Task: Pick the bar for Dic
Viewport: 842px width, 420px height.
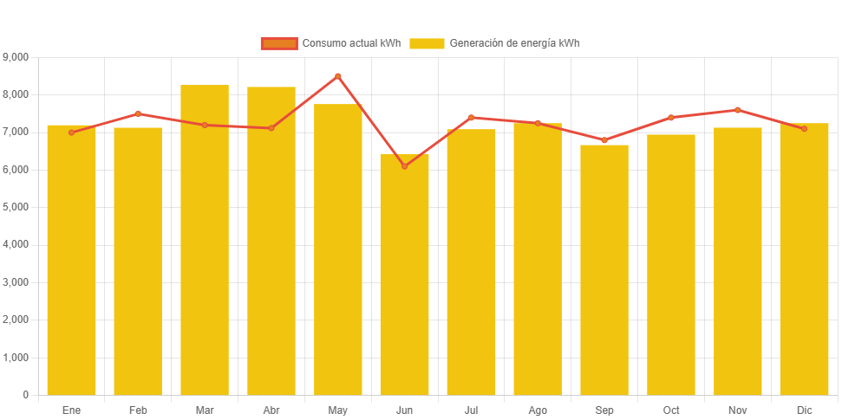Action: [x=804, y=259]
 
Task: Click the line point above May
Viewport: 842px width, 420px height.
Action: [x=338, y=76]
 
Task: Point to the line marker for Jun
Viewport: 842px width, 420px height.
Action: [x=404, y=166]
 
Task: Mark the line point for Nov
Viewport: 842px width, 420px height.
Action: [x=738, y=110]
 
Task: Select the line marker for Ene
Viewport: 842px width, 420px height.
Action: [x=71, y=132]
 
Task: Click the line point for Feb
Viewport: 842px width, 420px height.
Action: [x=138, y=113]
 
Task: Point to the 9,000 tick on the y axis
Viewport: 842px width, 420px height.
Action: [x=16, y=57]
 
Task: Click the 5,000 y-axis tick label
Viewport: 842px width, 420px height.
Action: [x=16, y=207]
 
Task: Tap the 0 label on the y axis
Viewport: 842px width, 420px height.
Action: [x=26, y=395]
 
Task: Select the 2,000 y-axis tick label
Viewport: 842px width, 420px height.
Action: [x=16, y=320]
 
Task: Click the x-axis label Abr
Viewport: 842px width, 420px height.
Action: [x=271, y=410]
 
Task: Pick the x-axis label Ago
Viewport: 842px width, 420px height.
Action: [x=538, y=410]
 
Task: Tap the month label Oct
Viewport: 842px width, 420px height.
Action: [x=671, y=410]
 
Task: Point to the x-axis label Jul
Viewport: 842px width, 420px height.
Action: [x=471, y=410]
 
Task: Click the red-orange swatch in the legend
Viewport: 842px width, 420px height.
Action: [x=278, y=43]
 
